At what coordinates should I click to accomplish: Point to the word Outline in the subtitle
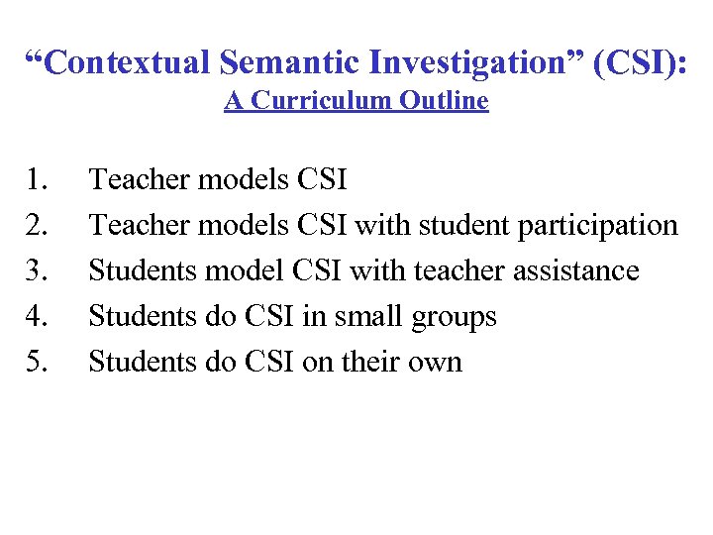[x=445, y=101]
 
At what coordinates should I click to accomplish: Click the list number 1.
[x=39, y=180]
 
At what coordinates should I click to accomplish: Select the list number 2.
[x=39, y=226]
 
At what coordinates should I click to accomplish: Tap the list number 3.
[x=39, y=271]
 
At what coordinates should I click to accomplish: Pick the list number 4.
[x=39, y=317]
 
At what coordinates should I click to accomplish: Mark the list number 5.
[x=39, y=363]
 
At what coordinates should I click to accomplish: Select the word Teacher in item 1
[x=140, y=180]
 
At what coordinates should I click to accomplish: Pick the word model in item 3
[x=248, y=271]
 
